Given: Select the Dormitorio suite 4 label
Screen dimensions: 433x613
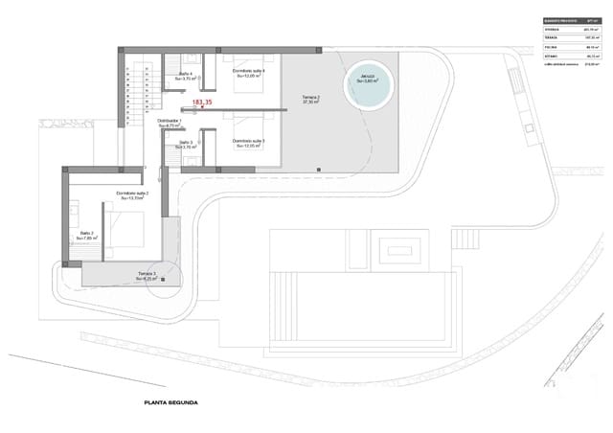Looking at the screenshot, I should coord(248,73).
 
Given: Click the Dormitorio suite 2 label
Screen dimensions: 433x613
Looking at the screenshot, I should coord(132,194).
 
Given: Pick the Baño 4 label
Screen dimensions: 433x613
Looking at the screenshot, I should coord(185,76).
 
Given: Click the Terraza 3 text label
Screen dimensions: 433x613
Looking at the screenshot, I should coord(147,276).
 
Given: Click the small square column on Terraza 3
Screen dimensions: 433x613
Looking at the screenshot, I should coord(164,279).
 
